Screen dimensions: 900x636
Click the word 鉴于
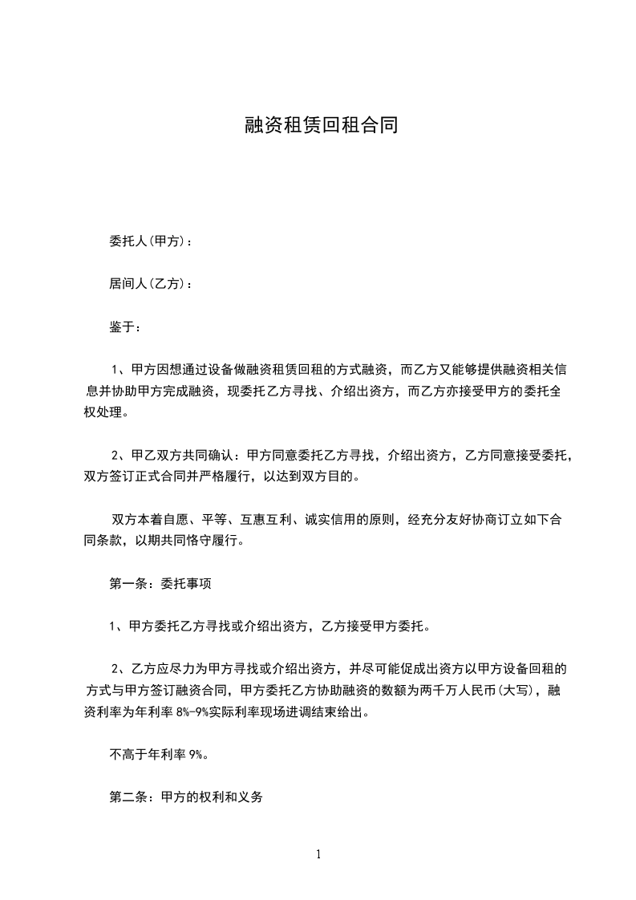(x=125, y=327)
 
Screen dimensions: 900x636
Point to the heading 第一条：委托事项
(x=160, y=584)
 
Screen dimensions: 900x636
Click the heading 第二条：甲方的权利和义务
(x=186, y=798)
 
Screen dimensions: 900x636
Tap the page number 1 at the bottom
(x=318, y=854)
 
